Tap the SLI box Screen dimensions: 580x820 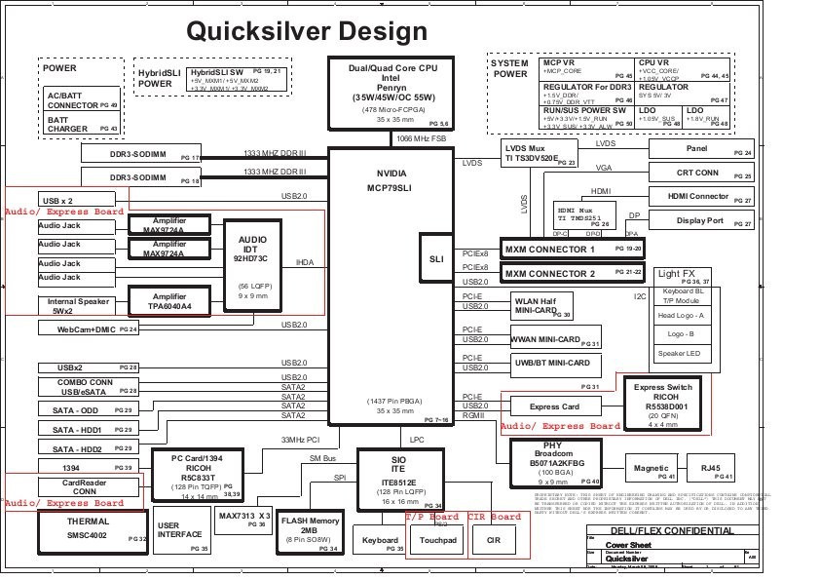pos(435,258)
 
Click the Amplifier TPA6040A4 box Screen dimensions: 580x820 pos(169,301)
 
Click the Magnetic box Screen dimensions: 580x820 pos(651,469)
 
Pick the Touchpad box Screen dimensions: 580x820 pos(437,539)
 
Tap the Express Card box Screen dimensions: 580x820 pos(554,406)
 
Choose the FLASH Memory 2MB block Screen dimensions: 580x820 pos(310,532)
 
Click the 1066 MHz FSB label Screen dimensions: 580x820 pos(421,139)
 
